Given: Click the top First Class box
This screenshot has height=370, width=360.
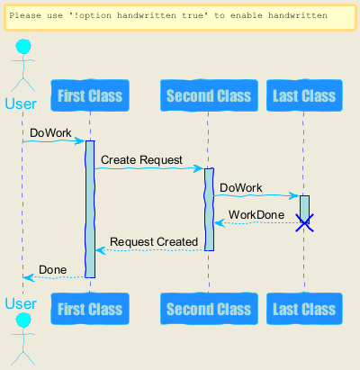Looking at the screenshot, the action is click(x=90, y=95).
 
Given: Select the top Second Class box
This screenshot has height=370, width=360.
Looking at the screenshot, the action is click(x=209, y=95).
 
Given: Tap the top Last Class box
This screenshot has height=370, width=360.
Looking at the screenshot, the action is click(x=304, y=95).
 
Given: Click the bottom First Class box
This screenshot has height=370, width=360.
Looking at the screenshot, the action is click(x=90, y=309).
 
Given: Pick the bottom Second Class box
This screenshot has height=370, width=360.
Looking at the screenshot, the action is click(x=209, y=309).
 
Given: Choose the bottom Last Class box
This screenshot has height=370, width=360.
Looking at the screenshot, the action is click(x=304, y=309).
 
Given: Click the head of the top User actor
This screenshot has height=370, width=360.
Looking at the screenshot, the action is click(x=23, y=47).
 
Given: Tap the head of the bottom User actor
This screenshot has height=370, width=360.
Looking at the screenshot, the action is click(x=23, y=320).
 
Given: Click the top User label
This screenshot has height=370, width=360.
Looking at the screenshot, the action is click(x=21, y=104).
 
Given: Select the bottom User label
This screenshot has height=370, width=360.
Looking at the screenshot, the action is click(x=21, y=303).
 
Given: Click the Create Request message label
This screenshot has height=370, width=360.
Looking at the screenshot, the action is click(x=141, y=160).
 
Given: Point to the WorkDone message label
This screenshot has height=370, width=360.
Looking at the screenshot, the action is click(x=256, y=215).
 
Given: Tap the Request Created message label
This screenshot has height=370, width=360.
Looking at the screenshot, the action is click(x=154, y=242).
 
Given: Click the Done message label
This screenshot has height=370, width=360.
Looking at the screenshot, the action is click(x=53, y=270).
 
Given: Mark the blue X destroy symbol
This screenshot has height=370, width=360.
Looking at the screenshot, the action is click(x=304, y=223).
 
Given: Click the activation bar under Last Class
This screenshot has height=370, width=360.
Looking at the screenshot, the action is click(x=304, y=209).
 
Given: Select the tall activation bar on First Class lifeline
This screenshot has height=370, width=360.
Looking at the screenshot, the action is click(x=90, y=209).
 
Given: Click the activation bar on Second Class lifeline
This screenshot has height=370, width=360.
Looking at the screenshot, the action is click(x=209, y=210).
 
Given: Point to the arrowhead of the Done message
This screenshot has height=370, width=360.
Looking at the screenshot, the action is click(x=28, y=277).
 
